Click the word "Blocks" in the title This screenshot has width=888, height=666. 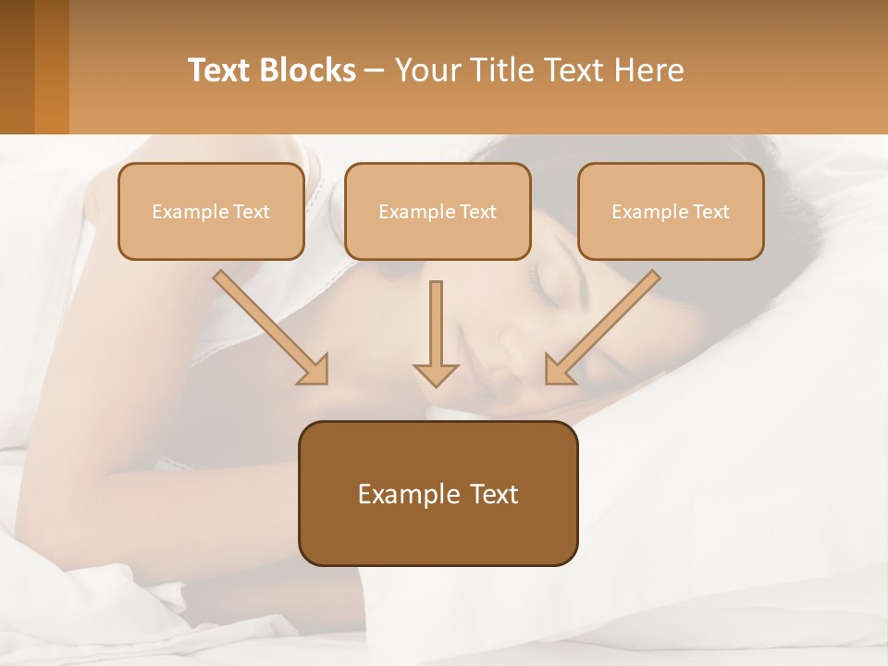pyautogui.click(x=309, y=70)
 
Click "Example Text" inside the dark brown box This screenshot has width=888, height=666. pyautogui.click(x=438, y=494)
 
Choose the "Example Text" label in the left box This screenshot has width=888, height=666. pyautogui.click(x=211, y=212)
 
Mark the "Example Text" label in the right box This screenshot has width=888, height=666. pyautogui.click(x=671, y=212)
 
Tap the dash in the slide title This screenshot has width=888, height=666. pyautogui.click(x=376, y=71)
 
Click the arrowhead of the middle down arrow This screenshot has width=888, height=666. pyautogui.click(x=436, y=374)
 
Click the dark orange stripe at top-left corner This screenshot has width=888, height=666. pyautogui.click(x=51, y=67)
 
